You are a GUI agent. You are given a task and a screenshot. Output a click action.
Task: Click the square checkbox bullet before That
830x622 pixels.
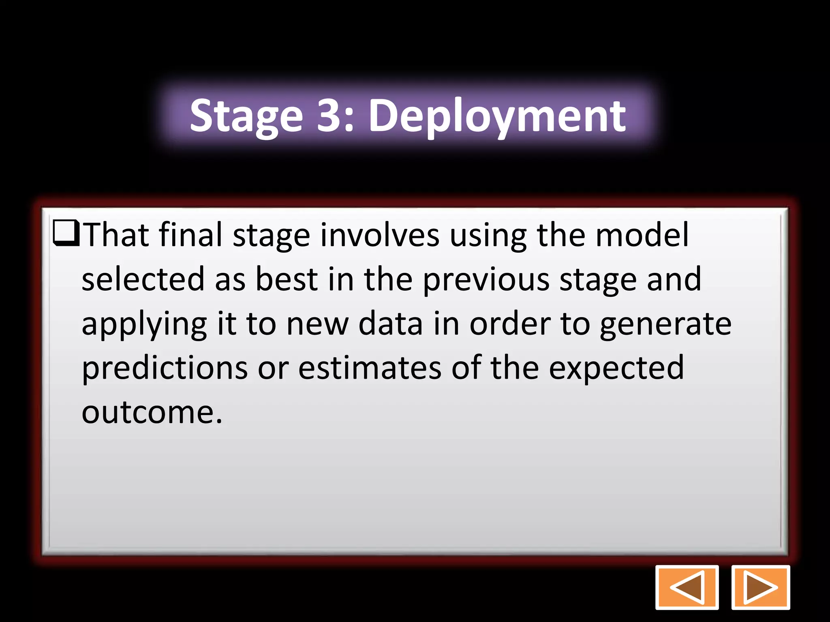click(66, 234)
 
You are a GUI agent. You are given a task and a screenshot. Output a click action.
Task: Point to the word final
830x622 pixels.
click(190, 235)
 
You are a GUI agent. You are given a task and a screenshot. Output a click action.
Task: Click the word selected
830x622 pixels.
click(143, 279)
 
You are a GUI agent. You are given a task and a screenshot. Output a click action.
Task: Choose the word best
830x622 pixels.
click(287, 279)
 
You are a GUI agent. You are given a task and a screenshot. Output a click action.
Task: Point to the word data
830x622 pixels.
click(391, 324)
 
